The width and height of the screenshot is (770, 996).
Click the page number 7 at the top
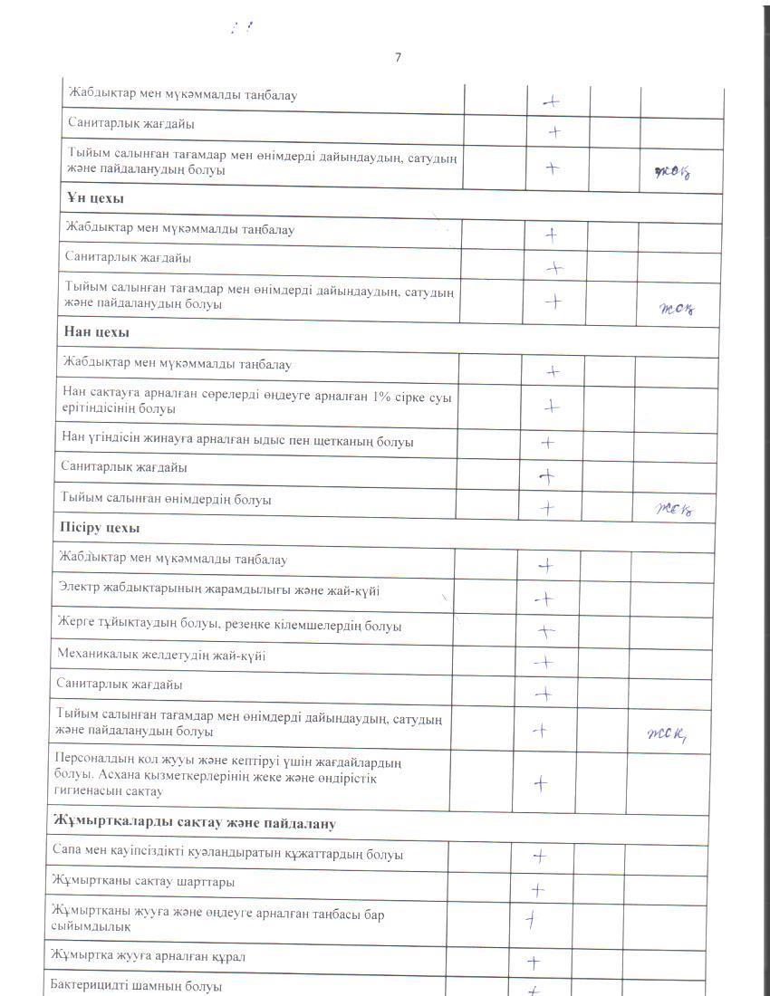point(398,58)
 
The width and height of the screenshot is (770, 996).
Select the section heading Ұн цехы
point(94,198)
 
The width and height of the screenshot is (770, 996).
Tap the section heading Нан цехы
point(97,332)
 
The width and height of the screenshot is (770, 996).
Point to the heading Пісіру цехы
point(100,527)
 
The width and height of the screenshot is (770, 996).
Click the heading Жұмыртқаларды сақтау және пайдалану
point(194,823)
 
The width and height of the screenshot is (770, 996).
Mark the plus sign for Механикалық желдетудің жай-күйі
point(544,662)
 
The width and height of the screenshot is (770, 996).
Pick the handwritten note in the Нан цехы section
point(673,508)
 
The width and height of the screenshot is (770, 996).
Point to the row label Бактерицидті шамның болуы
point(136,985)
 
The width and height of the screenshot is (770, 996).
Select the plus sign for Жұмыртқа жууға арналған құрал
point(534,962)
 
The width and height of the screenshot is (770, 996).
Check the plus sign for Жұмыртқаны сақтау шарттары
point(537,890)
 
